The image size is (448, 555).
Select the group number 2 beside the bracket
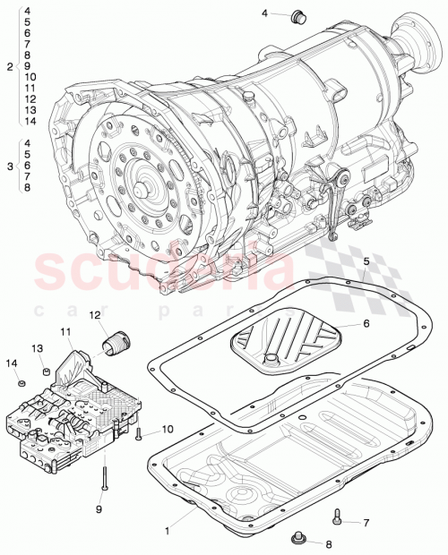tap(9, 67)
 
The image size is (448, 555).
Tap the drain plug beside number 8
tap(298, 537)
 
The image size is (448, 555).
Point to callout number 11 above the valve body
tap(66, 332)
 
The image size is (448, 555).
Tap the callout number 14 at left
tap(13, 363)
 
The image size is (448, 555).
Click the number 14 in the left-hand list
tap(29, 121)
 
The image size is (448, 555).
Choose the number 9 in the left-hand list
tap(29, 66)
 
